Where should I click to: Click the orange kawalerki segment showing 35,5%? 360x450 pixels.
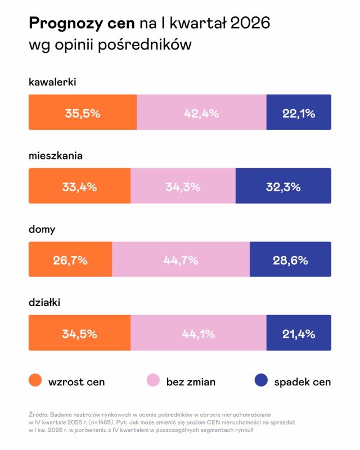[83, 113]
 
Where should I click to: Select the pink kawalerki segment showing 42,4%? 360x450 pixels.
[201, 113]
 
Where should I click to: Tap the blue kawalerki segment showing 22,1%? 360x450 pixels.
[298, 113]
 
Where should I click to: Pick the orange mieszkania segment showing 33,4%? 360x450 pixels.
[79, 186]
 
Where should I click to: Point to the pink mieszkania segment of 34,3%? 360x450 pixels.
[183, 186]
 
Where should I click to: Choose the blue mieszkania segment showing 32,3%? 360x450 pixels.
[283, 186]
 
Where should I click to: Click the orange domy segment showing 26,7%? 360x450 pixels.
[70, 260]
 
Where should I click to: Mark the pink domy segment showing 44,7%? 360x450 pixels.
[181, 260]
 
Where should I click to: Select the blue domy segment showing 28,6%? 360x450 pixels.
[290, 260]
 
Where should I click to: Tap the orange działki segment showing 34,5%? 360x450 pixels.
[79, 333]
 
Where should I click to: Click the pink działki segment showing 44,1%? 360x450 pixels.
[198, 333]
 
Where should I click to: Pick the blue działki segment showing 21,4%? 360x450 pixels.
[298, 333]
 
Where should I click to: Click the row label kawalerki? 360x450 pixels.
[52, 83]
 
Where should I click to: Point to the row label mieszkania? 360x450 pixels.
[56, 156]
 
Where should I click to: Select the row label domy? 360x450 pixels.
[42, 229]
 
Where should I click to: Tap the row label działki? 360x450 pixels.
[44, 303]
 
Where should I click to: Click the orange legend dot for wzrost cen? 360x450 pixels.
[35, 381]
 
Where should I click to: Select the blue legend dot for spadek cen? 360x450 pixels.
[260, 381]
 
